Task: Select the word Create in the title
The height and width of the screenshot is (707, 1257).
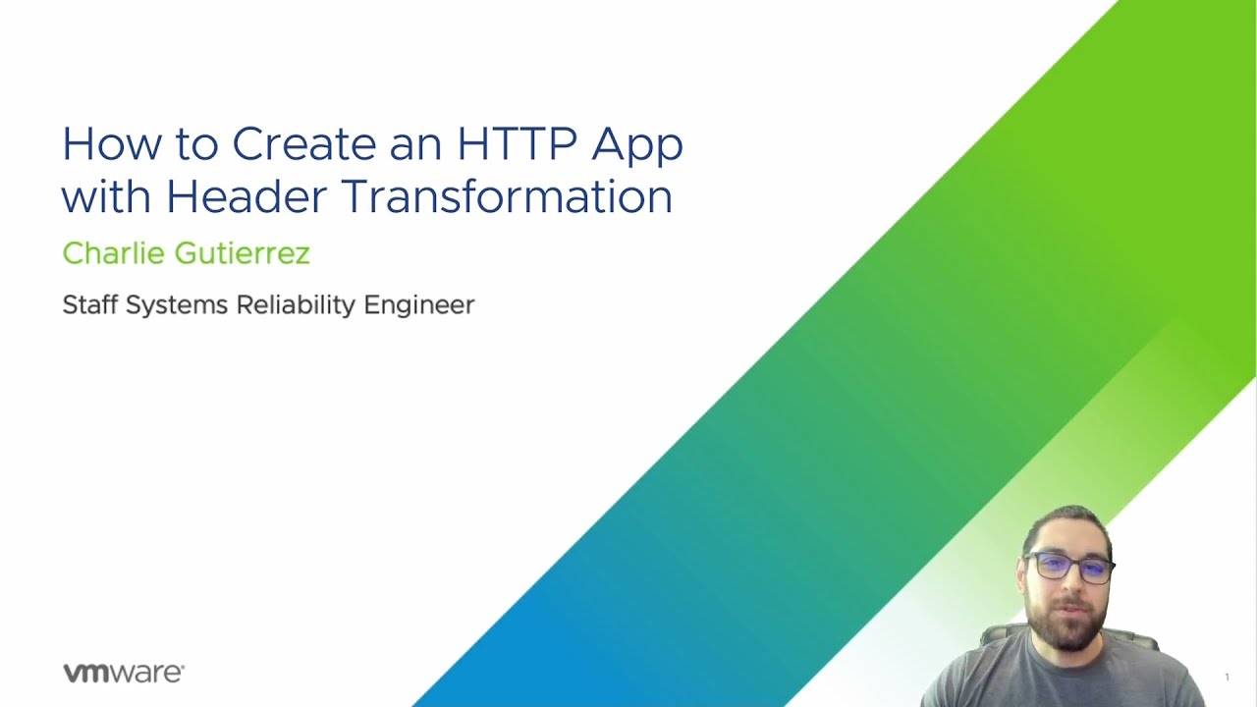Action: pos(303,144)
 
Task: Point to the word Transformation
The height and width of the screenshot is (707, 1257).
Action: pos(506,195)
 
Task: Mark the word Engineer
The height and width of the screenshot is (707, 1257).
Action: pos(419,305)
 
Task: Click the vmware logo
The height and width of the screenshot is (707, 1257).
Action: pos(124,673)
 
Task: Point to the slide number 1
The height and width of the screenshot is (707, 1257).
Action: pos(1227,677)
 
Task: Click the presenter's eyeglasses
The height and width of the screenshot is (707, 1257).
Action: pos(1068,568)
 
